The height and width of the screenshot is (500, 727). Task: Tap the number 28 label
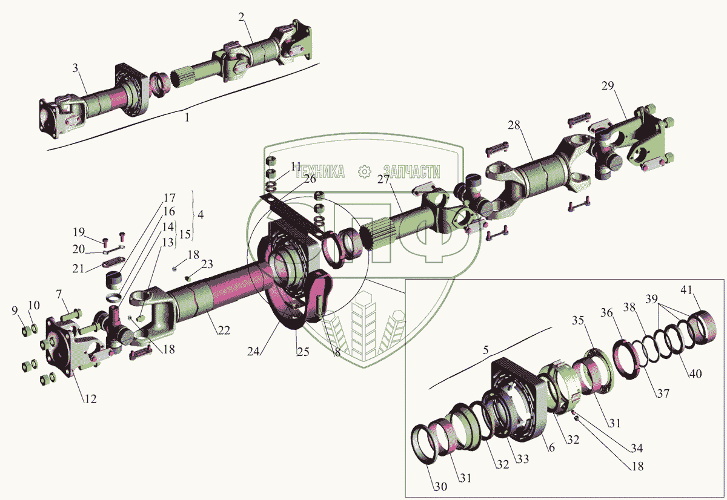(514, 125)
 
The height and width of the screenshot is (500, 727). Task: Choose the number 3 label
(75, 68)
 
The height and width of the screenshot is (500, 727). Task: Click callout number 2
(241, 16)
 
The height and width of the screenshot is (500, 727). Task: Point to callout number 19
(79, 232)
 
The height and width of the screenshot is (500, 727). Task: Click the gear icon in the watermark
(364, 171)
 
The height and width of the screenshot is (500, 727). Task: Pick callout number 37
(663, 393)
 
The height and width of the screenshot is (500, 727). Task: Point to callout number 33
(522, 459)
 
